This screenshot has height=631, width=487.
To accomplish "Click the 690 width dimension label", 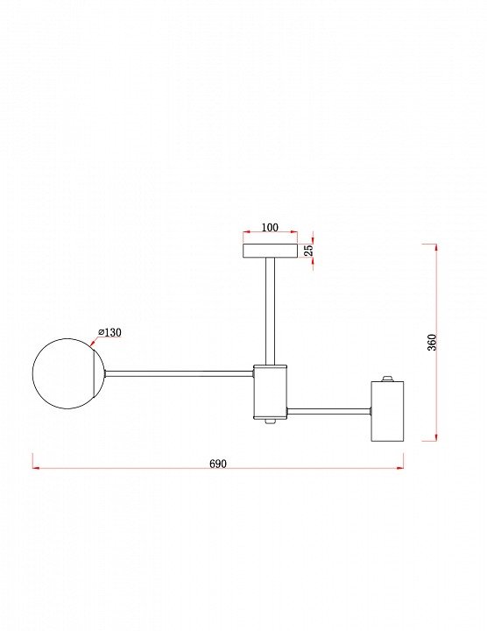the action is pyautogui.click(x=218, y=464).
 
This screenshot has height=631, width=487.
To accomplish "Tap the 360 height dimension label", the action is pyautogui.click(x=432, y=343).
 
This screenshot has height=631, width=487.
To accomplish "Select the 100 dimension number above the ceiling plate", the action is pyautogui.click(x=270, y=227).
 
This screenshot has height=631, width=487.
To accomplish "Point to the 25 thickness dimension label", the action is pyautogui.click(x=308, y=251).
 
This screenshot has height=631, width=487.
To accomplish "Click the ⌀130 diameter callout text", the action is pyautogui.click(x=109, y=332).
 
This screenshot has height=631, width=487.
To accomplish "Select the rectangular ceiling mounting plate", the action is pyautogui.click(x=271, y=251).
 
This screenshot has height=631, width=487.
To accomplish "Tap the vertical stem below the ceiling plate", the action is pyautogui.click(x=270, y=311).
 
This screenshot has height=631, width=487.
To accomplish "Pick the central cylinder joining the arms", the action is pyautogui.click(x=270, y=392).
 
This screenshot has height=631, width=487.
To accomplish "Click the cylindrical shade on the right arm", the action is pyautogui.click(x=387, y=411).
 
